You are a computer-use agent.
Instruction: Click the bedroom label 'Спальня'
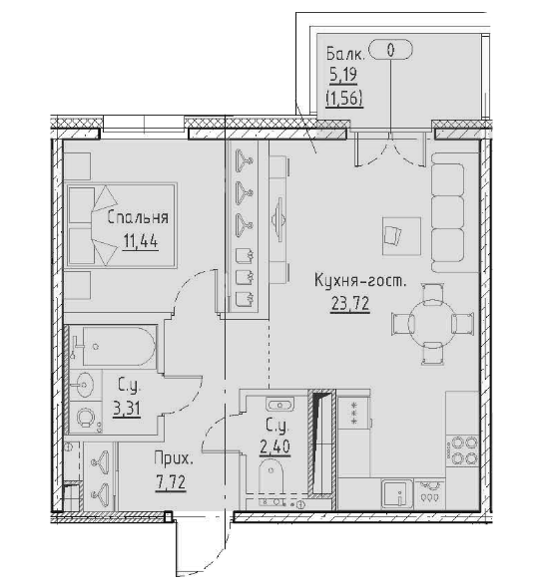click(139, 217)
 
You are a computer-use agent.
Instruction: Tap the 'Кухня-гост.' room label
click(359, 283)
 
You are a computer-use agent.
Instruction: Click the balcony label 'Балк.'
click(341, 55)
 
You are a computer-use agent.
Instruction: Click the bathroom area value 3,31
click(126, 409)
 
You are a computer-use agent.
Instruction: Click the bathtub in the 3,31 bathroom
click(112, 345)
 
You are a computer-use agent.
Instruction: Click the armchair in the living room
click(392, 234)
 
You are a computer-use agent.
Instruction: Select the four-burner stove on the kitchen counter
click(464, 449)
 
